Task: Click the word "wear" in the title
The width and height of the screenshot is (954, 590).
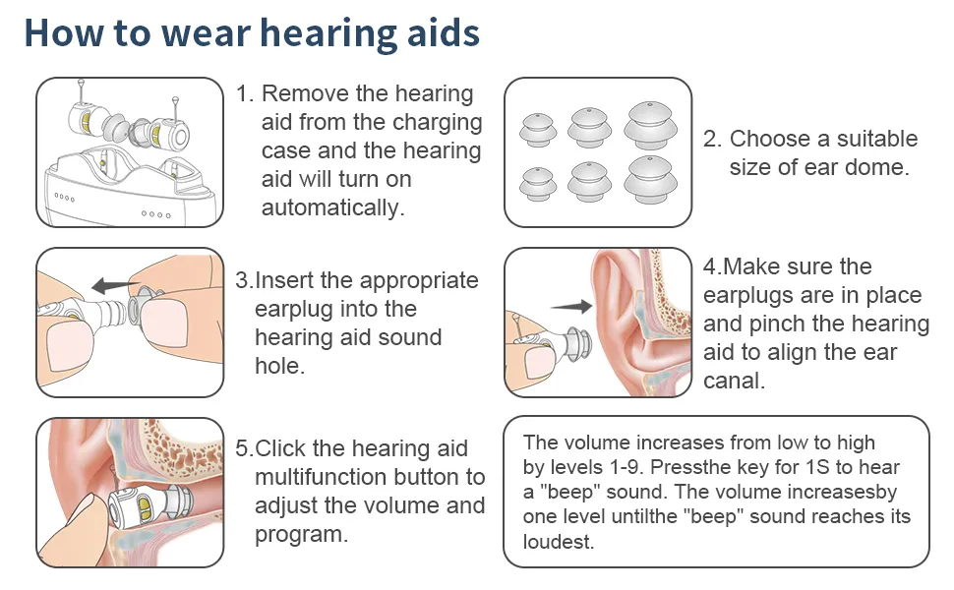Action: (206, 32)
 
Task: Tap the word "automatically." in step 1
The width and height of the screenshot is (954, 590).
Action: (332, 207)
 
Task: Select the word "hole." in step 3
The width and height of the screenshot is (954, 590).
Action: (280, 366)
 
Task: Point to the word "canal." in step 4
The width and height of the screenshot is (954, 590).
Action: (734, 381)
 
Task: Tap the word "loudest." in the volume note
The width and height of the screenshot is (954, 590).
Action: (559, 542)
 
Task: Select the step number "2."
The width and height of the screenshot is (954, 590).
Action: (712, 139)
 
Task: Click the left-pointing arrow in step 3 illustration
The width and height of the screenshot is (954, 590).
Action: (115, 284)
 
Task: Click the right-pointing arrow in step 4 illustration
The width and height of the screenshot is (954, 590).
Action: (571, 306)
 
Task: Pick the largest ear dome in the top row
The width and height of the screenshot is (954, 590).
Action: (650, 125)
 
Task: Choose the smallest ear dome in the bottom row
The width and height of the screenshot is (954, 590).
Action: (537, 184)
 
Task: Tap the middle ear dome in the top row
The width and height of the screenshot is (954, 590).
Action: (589, 128)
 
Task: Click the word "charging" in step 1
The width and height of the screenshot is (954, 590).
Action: (437, 123)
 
